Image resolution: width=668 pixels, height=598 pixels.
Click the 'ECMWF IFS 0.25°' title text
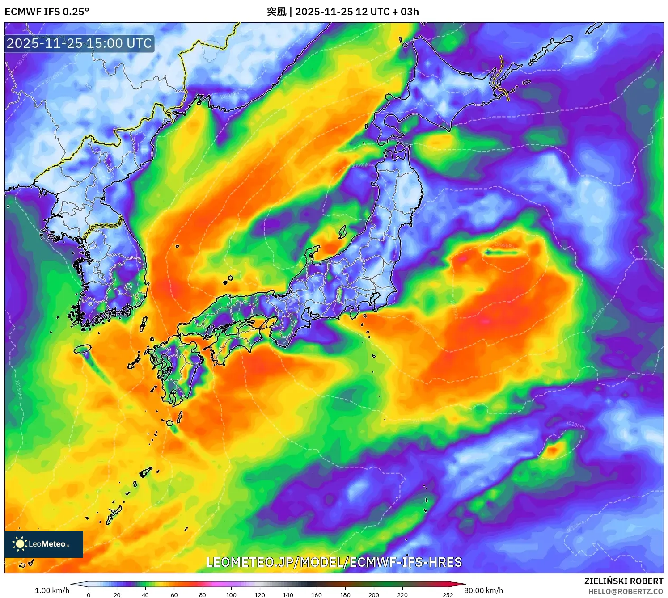(x=47, y=12)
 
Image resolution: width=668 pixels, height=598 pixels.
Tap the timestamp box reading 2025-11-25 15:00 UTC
(x=79, y=43)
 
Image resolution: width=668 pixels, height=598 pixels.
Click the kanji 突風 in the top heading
(x=276, y=12)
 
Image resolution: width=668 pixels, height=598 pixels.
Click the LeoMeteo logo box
(x=44, y=544)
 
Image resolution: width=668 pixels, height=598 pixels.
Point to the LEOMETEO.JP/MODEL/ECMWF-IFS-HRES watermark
(x=334, y=562)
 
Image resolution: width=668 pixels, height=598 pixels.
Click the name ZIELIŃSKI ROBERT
(x=623, y=581)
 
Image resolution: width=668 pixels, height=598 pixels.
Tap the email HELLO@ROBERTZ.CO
(x=626, y=591)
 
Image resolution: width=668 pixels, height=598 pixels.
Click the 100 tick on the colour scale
(x=231, y=595)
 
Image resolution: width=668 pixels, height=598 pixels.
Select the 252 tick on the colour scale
(x=448, y=595)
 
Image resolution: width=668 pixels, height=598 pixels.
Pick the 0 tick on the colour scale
(x=89, y=595)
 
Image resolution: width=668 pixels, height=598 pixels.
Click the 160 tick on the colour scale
(x=317, y=595)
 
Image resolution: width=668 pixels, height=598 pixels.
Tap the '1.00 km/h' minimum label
(x=52, y=590)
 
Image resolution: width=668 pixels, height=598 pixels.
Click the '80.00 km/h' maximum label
(x=483, y=590)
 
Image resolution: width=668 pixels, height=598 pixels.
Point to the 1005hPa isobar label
(x=504, y=245)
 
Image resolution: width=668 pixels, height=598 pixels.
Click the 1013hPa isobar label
(x=575, y=425)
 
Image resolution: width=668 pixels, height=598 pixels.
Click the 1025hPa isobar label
(x=18, y=389)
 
